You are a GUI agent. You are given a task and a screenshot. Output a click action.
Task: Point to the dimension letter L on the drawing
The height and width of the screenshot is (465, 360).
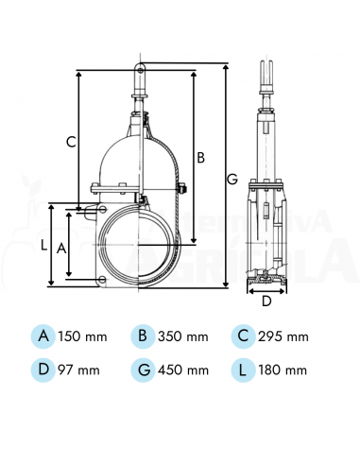tap(43, 244)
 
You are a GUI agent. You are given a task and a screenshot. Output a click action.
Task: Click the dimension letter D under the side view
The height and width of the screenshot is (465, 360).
tap(266, 301)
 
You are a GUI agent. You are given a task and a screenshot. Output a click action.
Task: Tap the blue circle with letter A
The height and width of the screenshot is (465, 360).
tap(43, 336)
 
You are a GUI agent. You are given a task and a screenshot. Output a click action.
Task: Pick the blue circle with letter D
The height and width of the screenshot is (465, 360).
tap(43, 369)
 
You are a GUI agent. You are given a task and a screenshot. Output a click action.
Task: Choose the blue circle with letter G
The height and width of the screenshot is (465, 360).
tap(144, 369)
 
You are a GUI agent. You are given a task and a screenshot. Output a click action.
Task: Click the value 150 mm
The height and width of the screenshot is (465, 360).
tap(84, 336)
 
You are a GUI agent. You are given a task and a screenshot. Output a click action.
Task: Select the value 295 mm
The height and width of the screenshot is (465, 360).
tap(284, 336)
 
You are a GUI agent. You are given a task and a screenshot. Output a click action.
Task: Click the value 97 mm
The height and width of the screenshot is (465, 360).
tap(80, 370)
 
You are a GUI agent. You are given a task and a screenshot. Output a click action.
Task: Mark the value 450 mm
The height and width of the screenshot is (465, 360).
tap(184, 370)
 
